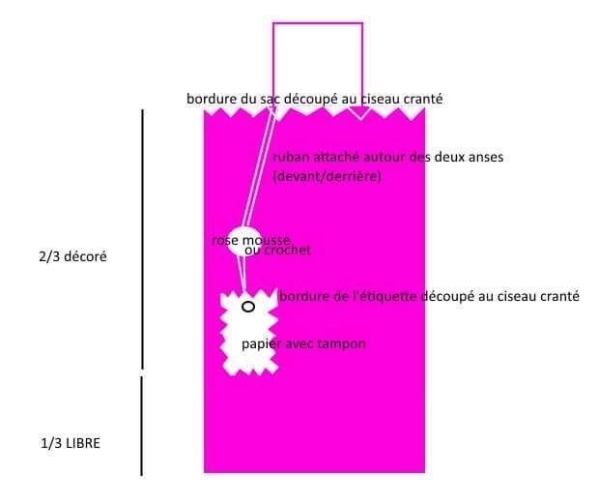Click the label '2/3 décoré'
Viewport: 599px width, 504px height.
click(68, 258)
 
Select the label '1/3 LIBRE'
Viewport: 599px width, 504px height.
click(71, 443)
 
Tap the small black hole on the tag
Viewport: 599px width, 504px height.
click(248, 307)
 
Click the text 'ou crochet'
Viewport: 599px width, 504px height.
click(277, 251)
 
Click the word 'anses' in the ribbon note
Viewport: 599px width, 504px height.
click(485, 157)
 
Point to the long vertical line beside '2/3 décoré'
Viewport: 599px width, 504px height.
click(143, 239)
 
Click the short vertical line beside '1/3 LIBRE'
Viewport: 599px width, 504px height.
click(143, 426)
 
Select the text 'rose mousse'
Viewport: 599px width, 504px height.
click(250, 239)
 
